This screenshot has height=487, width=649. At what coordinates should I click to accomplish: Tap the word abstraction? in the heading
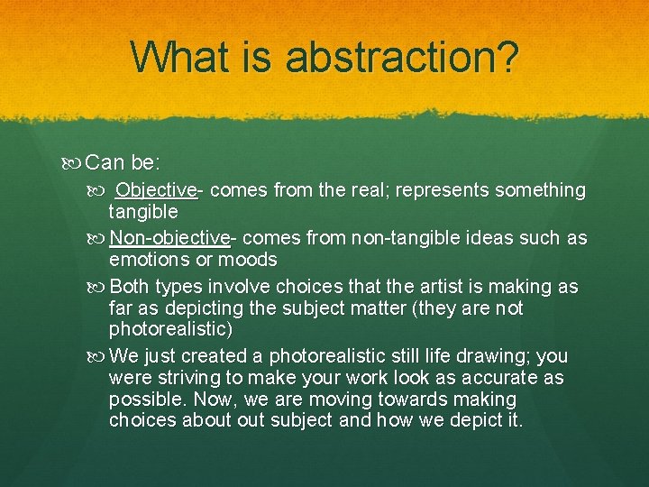402,57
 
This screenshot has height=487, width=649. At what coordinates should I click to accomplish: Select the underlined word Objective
156,190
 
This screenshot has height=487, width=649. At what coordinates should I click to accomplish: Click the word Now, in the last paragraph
202,400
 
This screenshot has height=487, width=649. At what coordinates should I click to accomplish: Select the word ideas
486,238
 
